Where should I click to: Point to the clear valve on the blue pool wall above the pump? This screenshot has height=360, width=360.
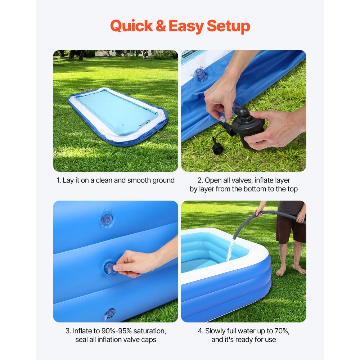point(201,75)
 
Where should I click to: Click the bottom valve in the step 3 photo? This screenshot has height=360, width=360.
point(109,314)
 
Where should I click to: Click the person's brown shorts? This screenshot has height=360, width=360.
point(290,229)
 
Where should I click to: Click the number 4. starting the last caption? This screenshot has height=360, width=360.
point(201,331)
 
